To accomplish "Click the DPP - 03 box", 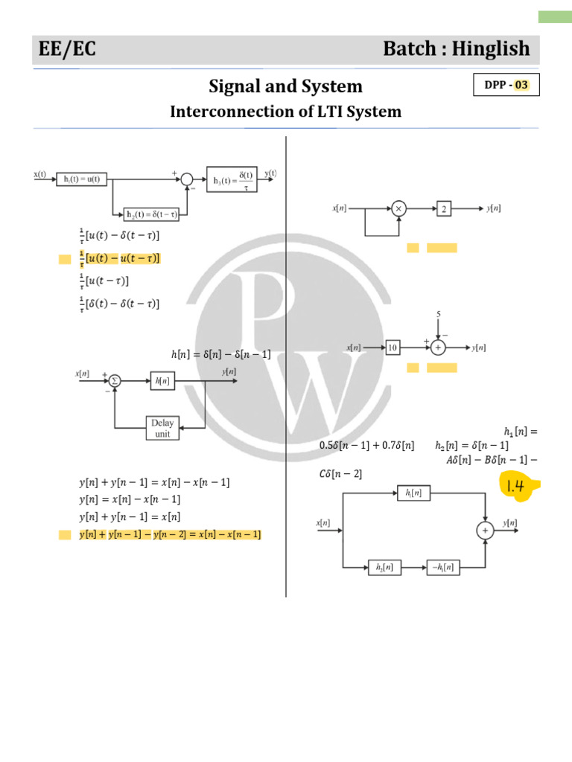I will (x=506, y=85).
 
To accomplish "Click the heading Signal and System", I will (x=285, y=86).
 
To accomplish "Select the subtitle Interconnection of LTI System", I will (x=285, y=112).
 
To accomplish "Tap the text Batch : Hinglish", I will (x=456, y=49).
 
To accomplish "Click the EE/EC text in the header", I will (x=68, y=49).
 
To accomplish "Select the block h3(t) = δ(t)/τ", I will (x=232, y=179).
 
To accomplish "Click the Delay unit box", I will (x=162, y=428).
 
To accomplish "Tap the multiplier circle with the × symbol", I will (x=399, y=209).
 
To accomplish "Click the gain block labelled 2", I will (x=444, y=209).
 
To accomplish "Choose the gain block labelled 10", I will (x=394, y=348).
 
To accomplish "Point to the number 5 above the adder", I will (x=438, y=314).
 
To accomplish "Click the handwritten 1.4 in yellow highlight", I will (x=516, y=487).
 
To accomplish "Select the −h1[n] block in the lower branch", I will (x=443, y=568).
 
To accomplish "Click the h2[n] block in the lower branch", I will (x=385, y=568).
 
